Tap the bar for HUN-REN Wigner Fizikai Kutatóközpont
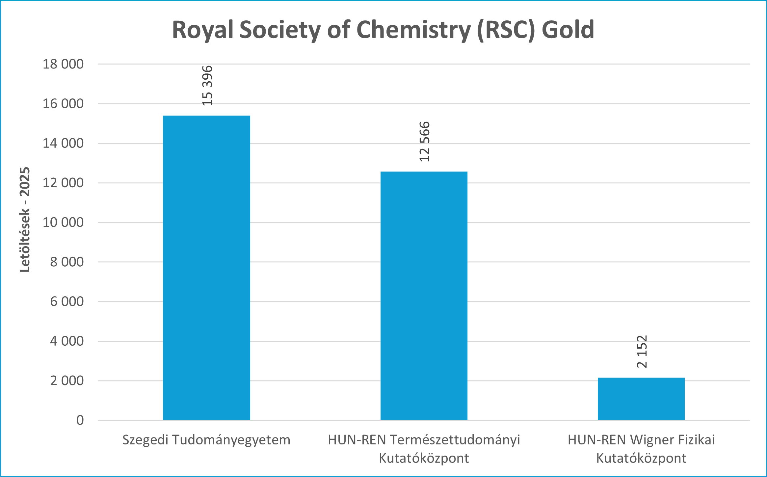click(641, 398)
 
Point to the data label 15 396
click(207, 86)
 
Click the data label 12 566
click(425, 142)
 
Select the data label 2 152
click(642, 352)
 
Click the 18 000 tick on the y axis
click(63, 64)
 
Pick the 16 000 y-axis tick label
click(63, 104)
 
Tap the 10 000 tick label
click(63, 223)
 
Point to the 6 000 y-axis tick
click(67, 302)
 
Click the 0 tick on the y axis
click(80, 420)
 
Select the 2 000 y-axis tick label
click(67, 381)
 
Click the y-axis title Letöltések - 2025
click(25, 220)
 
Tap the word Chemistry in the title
click(413, 30)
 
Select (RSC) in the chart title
click(506, 30)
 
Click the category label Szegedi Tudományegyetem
click(206, 440)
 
